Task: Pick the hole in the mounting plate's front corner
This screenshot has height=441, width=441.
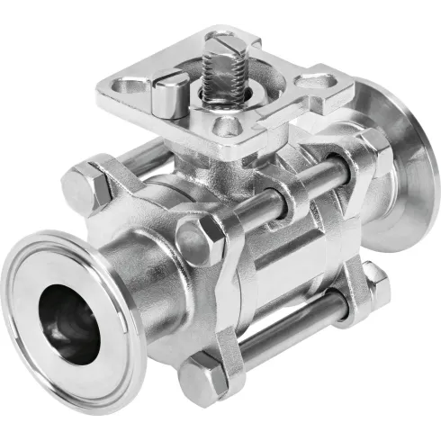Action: (229, 126)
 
